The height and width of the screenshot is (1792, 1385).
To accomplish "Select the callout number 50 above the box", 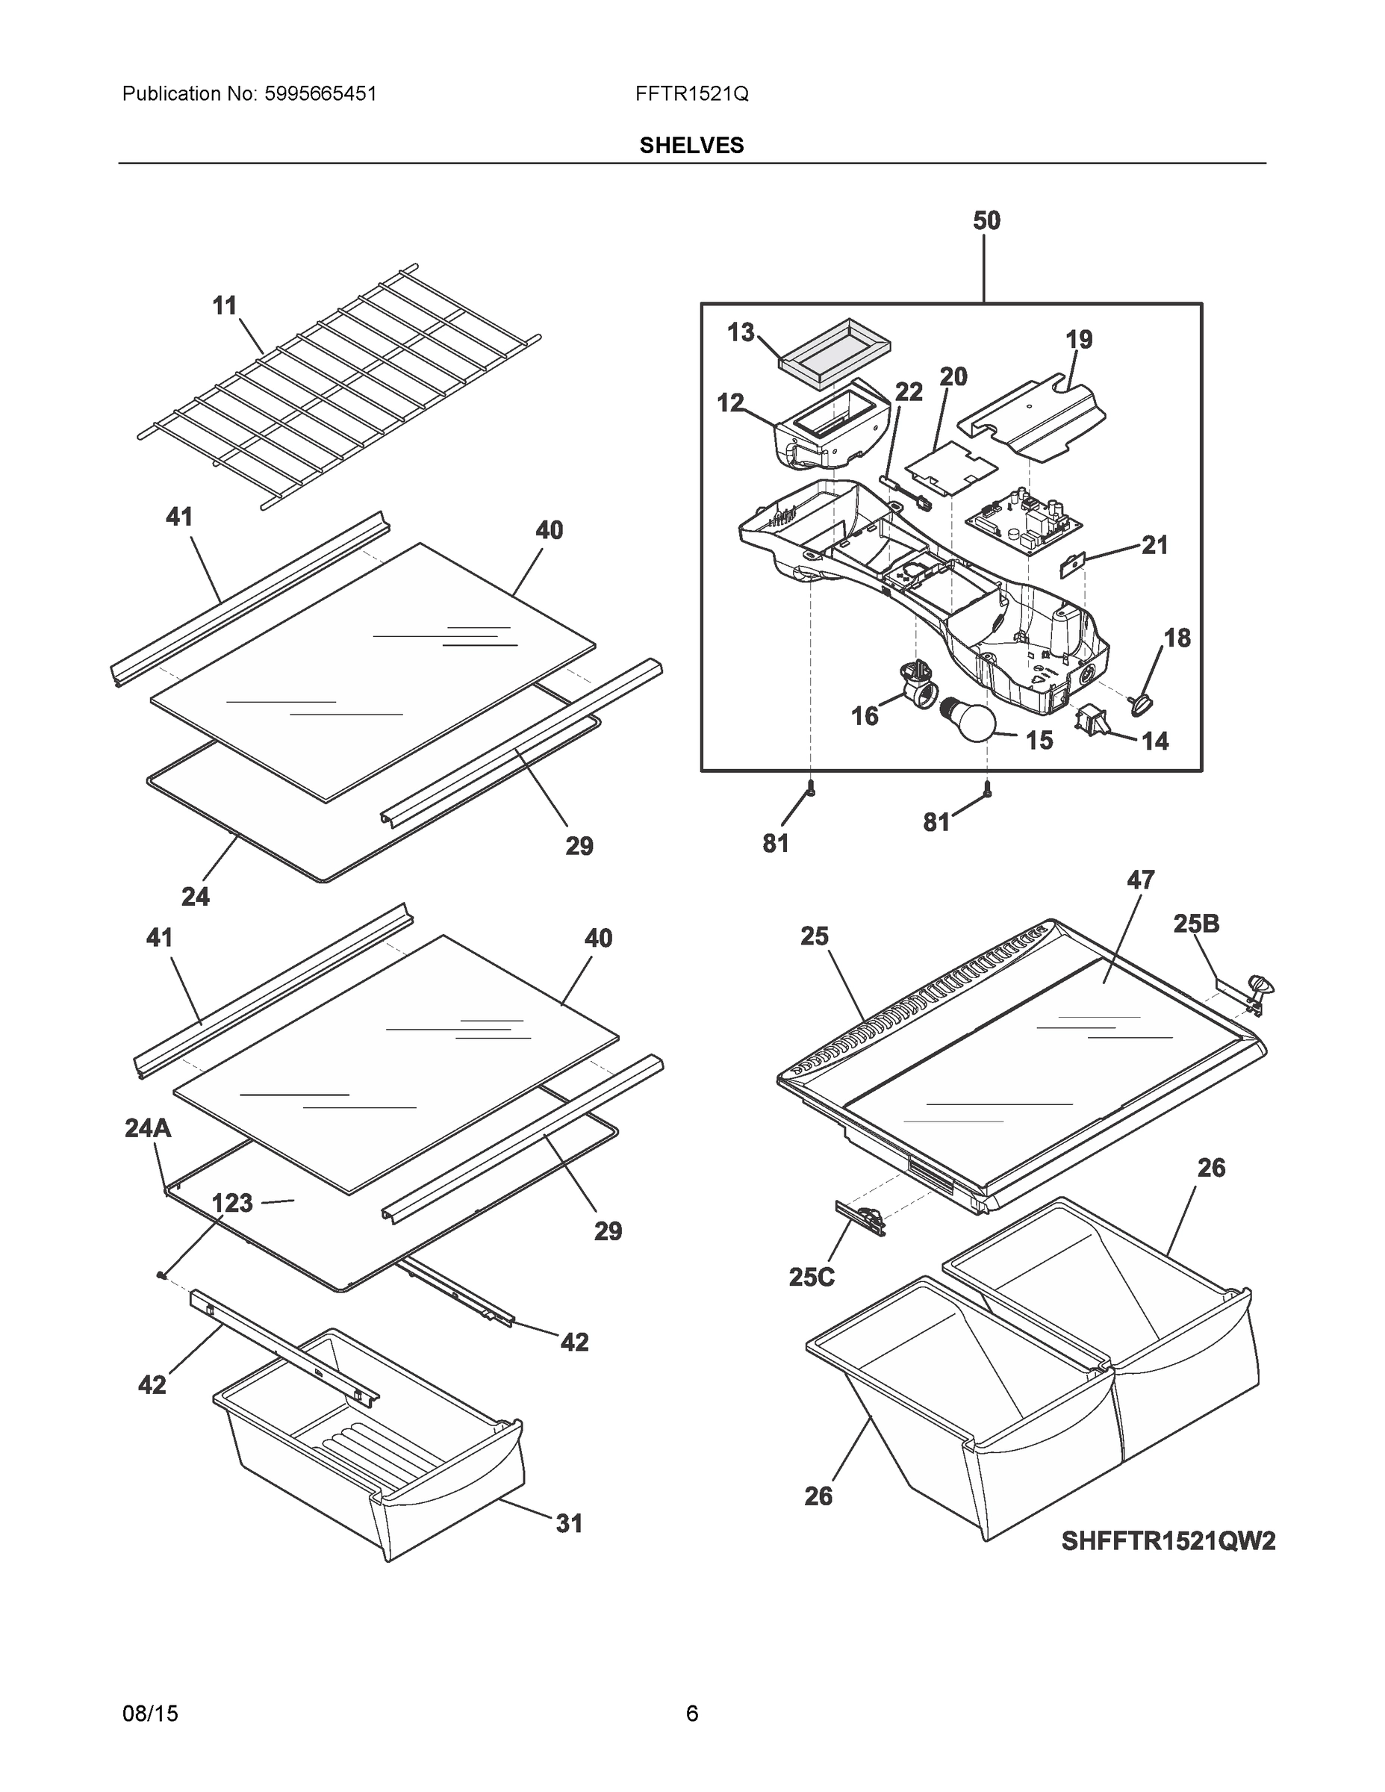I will coord(986,221).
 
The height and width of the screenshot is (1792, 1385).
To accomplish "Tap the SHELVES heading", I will coord(691,146).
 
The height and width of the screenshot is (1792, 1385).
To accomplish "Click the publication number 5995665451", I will coord(320,93).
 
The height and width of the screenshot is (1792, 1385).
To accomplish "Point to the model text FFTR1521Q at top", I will coord(691,93).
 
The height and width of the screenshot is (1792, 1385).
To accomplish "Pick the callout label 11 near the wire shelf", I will coord(224,306).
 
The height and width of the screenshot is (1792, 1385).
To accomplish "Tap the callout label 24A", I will coord(148,1129).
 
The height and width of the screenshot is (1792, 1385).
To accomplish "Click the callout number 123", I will coord(232,1204).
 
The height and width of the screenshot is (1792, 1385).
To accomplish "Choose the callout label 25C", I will coord(812,1278).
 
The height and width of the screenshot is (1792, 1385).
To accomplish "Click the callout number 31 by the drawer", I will coord(569,1524).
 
